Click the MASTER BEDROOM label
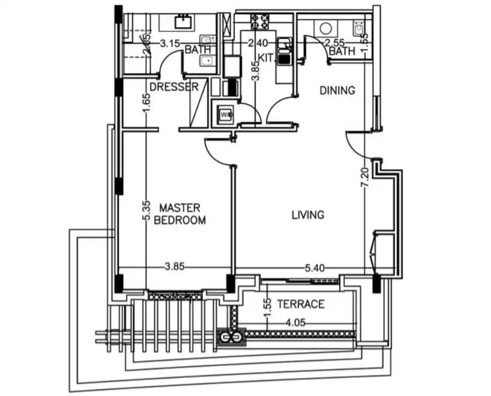click(x=180, y=214)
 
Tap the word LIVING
click(x=308, y=215)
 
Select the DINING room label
click(x=337, y=90)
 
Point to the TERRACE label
click(x=301, y=304)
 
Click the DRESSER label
click(x=174, y=87)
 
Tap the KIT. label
click(x=267, y=58)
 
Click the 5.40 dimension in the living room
click(x=315, y=268)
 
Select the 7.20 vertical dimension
click(x=365, y=178)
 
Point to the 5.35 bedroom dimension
click(x=146, y=211)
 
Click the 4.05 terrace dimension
click(x=296, y=323)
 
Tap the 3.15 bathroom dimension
click(x=170, y=43)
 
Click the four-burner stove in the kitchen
click(x=260, y=22)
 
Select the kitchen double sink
click(x=284, y=51)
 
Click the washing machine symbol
click(x=226, y=114)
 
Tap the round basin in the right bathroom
click(x=326, y=28)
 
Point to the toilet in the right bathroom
click(x=359, y=27)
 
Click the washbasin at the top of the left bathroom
click(x=183, y=22)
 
